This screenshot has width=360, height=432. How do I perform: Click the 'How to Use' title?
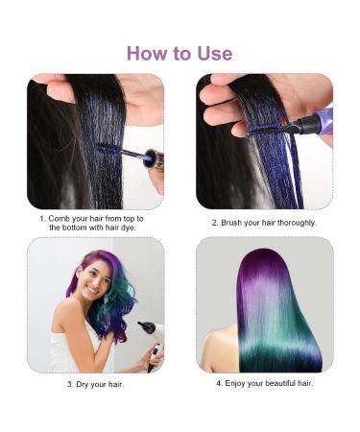click(x=180, y=53)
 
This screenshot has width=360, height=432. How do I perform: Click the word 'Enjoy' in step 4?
click(x=237, y=383)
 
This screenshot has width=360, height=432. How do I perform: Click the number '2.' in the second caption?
click(x=216, y=223)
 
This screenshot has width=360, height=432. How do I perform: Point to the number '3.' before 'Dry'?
click(x=70, y=384)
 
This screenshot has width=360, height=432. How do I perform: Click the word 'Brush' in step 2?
click(x=234, y=223)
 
